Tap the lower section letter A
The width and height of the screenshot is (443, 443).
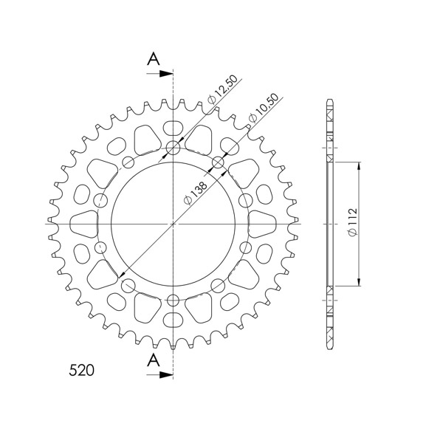click(153, 360)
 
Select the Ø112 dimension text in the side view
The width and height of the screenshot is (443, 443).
click(351, 222)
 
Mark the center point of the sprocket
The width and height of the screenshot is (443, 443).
click(174, 222)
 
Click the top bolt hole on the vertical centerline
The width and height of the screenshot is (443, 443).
click(174, 148)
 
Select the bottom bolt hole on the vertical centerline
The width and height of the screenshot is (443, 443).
click(174, 300)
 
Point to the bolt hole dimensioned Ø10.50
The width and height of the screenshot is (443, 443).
click(219, 162)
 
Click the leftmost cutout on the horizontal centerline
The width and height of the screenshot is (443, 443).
click(83, 222)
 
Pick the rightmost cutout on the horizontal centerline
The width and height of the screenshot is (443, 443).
click(264, 222)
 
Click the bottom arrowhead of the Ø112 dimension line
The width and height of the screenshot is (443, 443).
click(359, 282)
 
